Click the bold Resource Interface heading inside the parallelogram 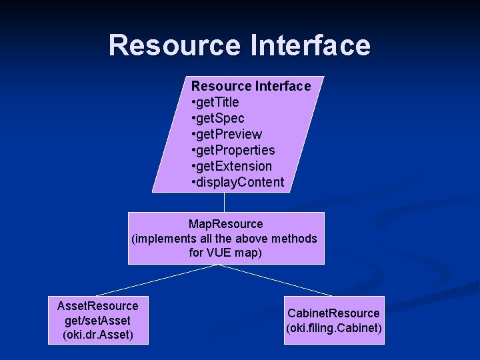[251, 86]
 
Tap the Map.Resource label [226, 224]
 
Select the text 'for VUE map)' [225, 253]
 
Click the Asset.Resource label [98, 306]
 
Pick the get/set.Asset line [98, 321]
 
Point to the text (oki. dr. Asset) [98, 335]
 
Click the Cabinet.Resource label [333, 313]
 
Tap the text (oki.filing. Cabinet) [333, 328]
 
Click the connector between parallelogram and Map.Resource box [225, 203]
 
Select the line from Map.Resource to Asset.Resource [157, 280]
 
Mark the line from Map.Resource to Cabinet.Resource [275, 280]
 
